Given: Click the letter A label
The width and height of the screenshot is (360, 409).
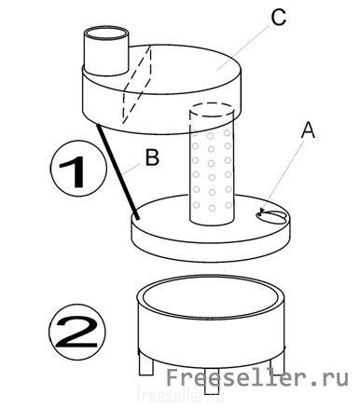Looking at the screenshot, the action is tap(308, 130).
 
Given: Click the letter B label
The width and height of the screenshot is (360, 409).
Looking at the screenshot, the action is tap(152, 157).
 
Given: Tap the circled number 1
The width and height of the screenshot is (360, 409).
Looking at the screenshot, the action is tap(78, 168).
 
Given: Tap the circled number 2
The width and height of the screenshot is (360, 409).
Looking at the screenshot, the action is tap(77, 332).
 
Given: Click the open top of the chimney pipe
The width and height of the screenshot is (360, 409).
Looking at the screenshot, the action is tap(106, 34).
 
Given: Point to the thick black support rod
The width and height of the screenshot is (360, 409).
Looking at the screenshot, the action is tap(118, 171).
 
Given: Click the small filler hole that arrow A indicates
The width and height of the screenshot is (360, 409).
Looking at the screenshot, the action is tap(271, 216).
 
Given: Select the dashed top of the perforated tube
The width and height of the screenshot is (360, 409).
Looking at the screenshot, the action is tap(211, 110).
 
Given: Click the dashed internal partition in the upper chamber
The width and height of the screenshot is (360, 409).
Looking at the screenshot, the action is tap(137, 84).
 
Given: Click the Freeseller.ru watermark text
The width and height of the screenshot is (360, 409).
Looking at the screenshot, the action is tap(257, 377).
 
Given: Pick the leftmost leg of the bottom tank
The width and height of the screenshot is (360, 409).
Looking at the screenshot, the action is tap(146, 364).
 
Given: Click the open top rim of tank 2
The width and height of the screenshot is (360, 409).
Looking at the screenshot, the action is tap(211, 297).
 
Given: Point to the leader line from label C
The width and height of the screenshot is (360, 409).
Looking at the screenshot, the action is tap(243, 46).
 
